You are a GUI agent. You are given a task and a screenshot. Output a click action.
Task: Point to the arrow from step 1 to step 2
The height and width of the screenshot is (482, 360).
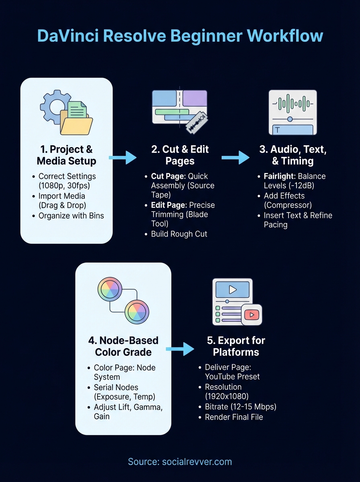coord(123,157)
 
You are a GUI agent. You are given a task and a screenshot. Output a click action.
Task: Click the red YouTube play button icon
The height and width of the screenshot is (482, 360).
coord(252,315)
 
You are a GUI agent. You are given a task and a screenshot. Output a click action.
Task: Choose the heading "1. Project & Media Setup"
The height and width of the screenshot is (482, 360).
coord(66,155)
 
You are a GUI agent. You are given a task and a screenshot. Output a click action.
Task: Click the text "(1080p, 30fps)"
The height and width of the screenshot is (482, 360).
coord(64,186)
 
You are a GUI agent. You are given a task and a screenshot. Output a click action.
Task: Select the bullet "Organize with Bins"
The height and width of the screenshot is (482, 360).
coord(71,216)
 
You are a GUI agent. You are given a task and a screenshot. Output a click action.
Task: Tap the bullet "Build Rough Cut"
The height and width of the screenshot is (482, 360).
coord(179,234)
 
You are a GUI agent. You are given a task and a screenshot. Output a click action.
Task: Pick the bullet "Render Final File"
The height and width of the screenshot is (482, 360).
coord(234,417)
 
